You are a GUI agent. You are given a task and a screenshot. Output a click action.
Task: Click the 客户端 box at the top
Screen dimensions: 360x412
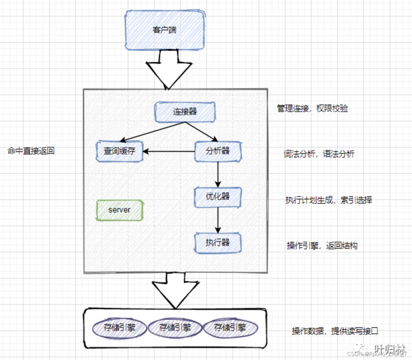pos(165,30)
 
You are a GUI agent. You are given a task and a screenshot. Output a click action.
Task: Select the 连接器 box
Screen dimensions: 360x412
pos(185,112)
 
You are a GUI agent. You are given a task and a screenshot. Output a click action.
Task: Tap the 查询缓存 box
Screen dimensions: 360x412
pos(119,151)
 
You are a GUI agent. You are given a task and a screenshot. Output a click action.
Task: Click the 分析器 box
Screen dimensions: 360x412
pos(218,151)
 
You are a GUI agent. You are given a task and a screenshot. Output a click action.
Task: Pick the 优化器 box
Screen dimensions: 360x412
pos(218,197)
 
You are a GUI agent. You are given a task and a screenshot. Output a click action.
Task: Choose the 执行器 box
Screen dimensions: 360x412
pos(218,243)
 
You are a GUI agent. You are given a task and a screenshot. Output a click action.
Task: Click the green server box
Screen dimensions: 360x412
pos(120,210)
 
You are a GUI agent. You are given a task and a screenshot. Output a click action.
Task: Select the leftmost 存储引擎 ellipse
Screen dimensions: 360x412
pos(119,328)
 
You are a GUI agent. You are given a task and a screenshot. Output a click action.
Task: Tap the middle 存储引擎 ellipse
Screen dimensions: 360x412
pos(175,328)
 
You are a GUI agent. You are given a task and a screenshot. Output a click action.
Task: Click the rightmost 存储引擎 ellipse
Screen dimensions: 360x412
pos(230,328)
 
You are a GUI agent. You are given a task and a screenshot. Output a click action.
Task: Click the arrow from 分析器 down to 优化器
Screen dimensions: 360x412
pos(218,174)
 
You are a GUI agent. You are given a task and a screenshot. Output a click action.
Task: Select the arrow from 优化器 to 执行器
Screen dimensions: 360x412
pos(218,220)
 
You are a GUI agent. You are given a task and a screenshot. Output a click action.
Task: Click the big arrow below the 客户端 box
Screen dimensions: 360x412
pos(169,70)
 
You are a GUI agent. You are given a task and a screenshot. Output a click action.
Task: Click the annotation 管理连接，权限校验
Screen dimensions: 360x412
pos(312,109)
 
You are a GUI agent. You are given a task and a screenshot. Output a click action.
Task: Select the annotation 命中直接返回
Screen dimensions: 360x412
pos(31,151)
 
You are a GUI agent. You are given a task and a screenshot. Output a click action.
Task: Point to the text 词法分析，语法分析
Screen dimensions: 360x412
pos(319,154)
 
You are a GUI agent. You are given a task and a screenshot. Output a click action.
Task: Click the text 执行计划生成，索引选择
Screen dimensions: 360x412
pos(328,200)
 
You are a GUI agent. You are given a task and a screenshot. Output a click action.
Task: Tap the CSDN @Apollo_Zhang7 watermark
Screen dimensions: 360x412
pos(377,354)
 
